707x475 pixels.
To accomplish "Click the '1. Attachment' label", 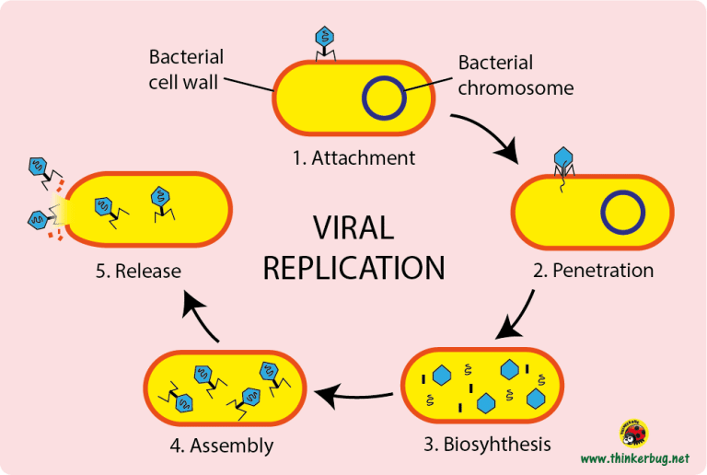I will pyautogui.click(x=353, y=157).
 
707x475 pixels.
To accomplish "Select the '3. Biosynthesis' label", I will pyautogui.click(x=487, y=444).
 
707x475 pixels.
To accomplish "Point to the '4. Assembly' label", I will pyautogui.click(x=221, y=446).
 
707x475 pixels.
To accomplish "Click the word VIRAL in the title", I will pyautogui.click(x=353, y=228).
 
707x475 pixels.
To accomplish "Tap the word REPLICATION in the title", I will pyautogui.click(x=353, y=267).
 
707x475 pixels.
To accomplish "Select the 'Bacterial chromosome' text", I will pyautogui.click(x=516, y=75).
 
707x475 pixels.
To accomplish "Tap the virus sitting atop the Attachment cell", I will pyautogui.click(x=325, y=41).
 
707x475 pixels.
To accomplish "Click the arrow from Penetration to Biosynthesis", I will pyautogui.click(x=517, y=318).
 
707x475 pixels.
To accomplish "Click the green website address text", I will pyautogui.click(x=634, y=458).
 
